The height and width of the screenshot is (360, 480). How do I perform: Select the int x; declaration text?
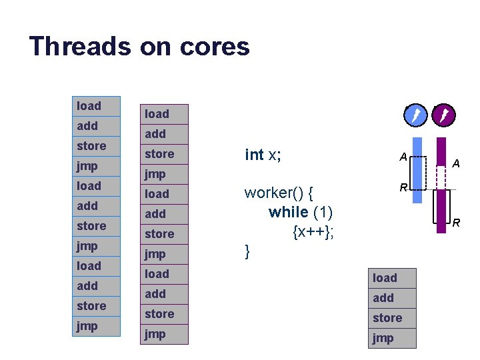[263, 155]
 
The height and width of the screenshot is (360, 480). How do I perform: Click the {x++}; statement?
[313, 231]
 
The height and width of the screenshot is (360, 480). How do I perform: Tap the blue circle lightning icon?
[415, 117]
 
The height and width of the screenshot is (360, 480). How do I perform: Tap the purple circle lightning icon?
[443, 117]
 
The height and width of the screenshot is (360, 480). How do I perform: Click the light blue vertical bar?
[417, 170]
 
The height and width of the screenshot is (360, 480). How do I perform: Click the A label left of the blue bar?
[403, 157]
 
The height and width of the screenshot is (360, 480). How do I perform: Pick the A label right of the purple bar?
[456, 163]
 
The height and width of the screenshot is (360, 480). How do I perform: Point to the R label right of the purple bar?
[457, 223]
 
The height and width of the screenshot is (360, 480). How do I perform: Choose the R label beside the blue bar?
[403, 188]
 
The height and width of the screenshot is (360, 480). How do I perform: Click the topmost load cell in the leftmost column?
[96, 106]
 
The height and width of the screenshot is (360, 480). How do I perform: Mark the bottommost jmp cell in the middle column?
[165, 333]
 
